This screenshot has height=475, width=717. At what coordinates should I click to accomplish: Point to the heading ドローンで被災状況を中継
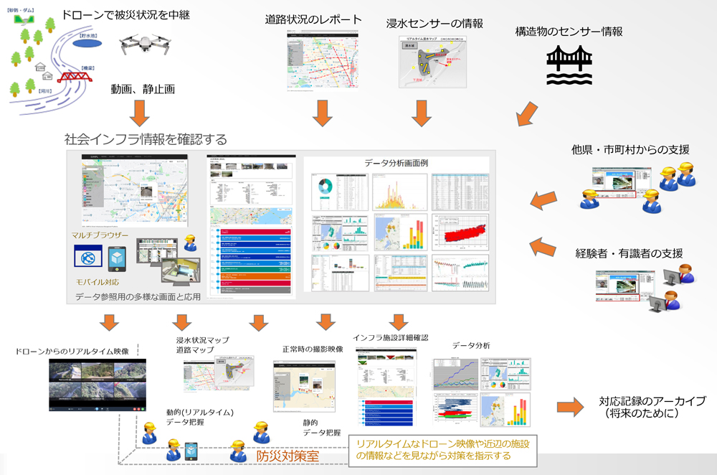click(126, 14)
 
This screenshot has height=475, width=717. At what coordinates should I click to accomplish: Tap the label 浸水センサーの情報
click(434, 23)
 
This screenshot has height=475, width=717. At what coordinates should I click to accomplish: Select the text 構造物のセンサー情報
click(569, 32)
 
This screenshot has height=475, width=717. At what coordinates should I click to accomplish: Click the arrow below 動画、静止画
click(140, 111)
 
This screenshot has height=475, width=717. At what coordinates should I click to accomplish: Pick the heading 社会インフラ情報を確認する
click(146, 138)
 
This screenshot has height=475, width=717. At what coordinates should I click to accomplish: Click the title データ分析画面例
click(396, 163)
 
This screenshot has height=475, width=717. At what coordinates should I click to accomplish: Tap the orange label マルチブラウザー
click(101, 235)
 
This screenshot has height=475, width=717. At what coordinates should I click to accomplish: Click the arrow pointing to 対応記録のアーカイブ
click(570, 407)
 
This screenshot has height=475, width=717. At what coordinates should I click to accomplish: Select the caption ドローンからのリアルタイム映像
click(72, 352)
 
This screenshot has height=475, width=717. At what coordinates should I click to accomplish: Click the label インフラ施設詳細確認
click(390, 337)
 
